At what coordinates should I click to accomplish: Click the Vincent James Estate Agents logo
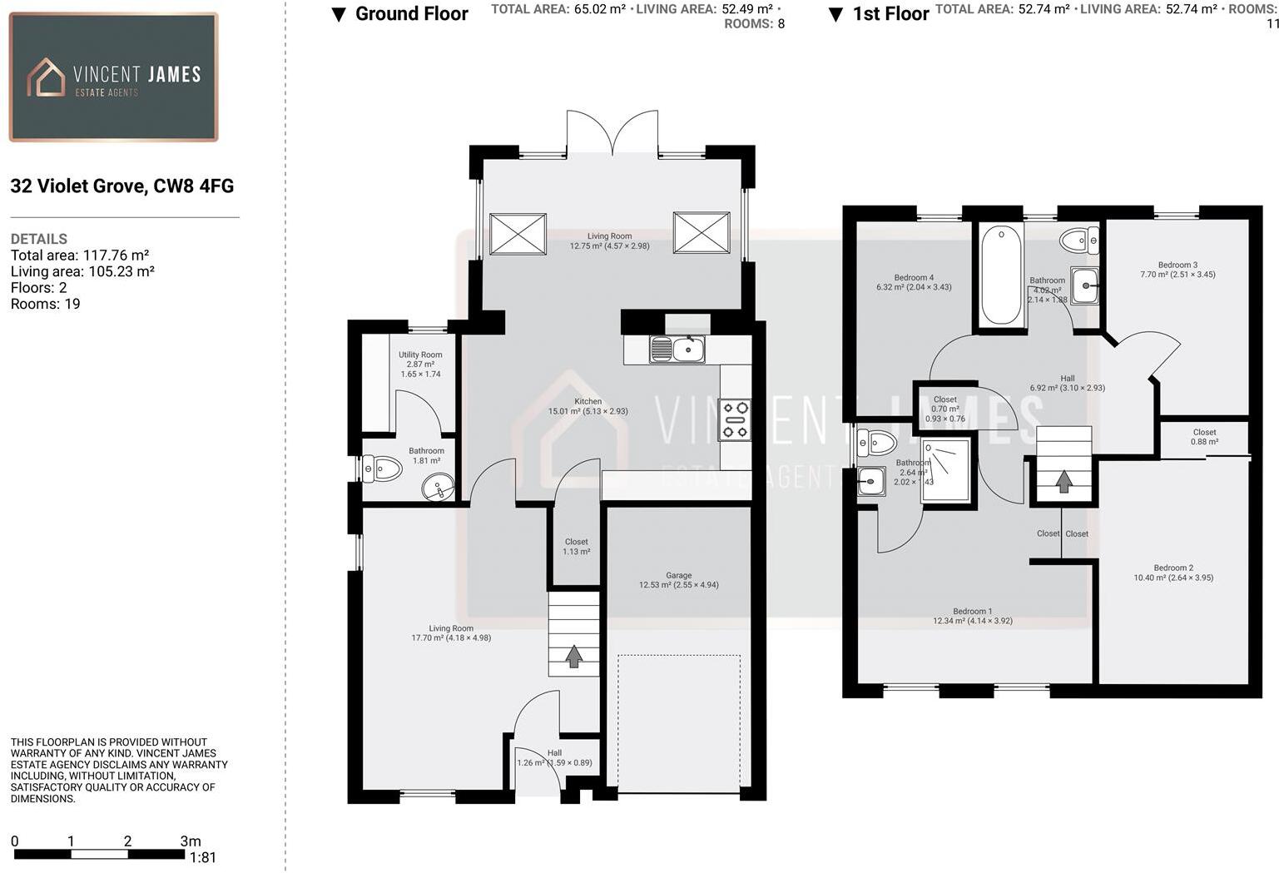[x=113, y=77]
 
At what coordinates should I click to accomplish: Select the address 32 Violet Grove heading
[x=122, y=186]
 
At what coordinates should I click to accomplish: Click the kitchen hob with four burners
[x=735, y=420]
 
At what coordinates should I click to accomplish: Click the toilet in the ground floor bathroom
[x=382, y=469]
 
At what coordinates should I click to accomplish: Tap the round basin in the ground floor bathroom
[x=437, y=487]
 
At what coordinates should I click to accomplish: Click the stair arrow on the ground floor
[x=573, y=656]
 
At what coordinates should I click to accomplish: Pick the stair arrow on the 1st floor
[x=1063, y=481]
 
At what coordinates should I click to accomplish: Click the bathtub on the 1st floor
[x=1000, y=275]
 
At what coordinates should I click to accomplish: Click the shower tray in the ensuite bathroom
[x=946, y=470]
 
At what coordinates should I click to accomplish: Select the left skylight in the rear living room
[x=518, y=233]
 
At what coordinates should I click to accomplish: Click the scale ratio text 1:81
[x=202, y=858]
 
